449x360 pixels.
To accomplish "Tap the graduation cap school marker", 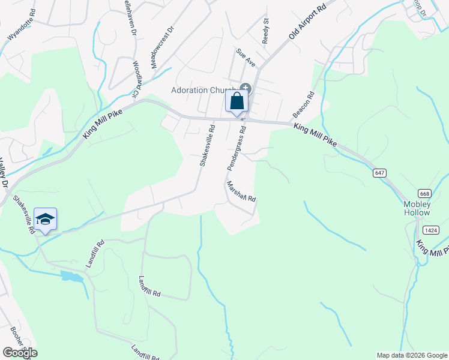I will pyautogui.click(x=45, y=220).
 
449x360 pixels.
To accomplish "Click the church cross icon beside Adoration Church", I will pyautogui.click(x=246, y=89).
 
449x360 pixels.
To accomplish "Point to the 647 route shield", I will pyautogui.click(x=378, y=173).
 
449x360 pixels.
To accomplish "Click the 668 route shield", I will pyautogui.click(x=425, y=193).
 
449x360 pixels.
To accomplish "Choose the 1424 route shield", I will pyautogui.click(x=431, y=230).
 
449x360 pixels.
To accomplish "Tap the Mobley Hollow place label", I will pyautogui.click(x=417, y=208).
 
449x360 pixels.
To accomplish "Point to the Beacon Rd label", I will pyautogui.click(x=304, y=104).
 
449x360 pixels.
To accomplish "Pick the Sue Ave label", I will pyautogui.click(x=246, y=58).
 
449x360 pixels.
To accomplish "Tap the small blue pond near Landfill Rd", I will pyautogui.click(x=71, y=277).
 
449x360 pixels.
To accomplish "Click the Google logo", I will pyautogui.click(x=20, y=353).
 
